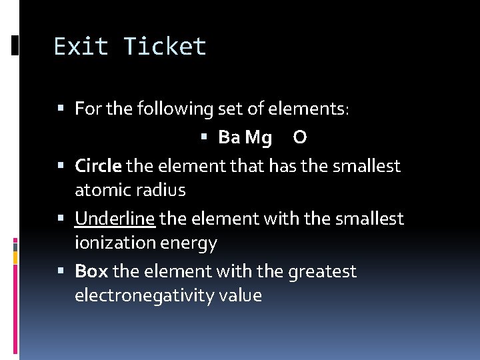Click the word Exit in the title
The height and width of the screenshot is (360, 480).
click(81, 47)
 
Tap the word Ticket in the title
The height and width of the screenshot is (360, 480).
click(165, 47)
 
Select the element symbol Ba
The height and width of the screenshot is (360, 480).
click(229, 137)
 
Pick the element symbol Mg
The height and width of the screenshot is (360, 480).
click(259, 139)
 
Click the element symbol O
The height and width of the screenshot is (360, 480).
click(300, 137)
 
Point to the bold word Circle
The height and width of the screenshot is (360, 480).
click(98, 165)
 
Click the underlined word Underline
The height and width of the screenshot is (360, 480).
click(115, 219)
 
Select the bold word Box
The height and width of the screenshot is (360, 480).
click(91, 272)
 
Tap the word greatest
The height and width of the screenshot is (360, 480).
click(322, 272)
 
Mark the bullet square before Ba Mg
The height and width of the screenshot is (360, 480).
click(205, 138)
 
